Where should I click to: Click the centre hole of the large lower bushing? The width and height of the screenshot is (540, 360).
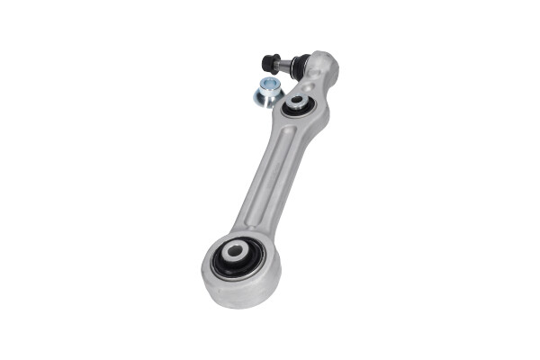click(236, 251)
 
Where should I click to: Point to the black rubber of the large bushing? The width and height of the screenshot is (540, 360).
click(223, 263)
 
